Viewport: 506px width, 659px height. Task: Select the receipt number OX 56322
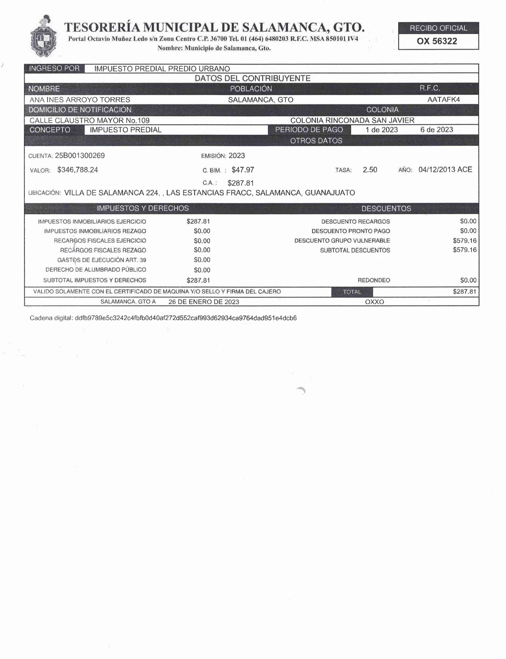pyautogui.click(x=437, y=41)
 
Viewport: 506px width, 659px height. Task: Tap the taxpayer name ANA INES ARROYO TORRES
pyautogui.click(x=80, y=100)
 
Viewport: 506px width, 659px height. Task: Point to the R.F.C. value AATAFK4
pyautogui.click(x=443, y=100)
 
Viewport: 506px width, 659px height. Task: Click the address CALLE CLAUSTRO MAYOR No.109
pyautogui.click(x=89, y=120)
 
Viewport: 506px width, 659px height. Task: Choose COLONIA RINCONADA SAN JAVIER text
pyautogui.click(x=352, y=120)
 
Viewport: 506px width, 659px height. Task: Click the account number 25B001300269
pyautogui.click(x=80, y=156)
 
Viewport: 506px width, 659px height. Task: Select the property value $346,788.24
pyautogui.click(x=78, y=170)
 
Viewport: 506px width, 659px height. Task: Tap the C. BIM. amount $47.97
pyautogui.click(x=243, y=170)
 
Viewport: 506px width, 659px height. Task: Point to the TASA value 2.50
pyautogui.click(x=370, y=170)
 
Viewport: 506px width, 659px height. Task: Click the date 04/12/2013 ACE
pyautogui.click(x=445, y=170)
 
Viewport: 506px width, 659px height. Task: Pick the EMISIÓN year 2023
pyautogui.click(x=237, y=156)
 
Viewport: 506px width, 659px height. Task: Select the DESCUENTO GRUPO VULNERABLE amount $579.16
pyautogui.click(x=464, y=241)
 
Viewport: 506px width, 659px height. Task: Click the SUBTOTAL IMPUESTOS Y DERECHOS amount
pyautogui.click(x=198, y=280)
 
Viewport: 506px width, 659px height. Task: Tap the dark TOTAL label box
pyautogui.click(x=352, y=292)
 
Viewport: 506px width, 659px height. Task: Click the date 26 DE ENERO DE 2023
pyautogui.click(x=204, y=302)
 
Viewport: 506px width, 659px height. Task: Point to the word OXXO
pyautogui.click(x=374, y=302)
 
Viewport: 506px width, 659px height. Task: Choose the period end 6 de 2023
pyautogui.click(x=436, y=130)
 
